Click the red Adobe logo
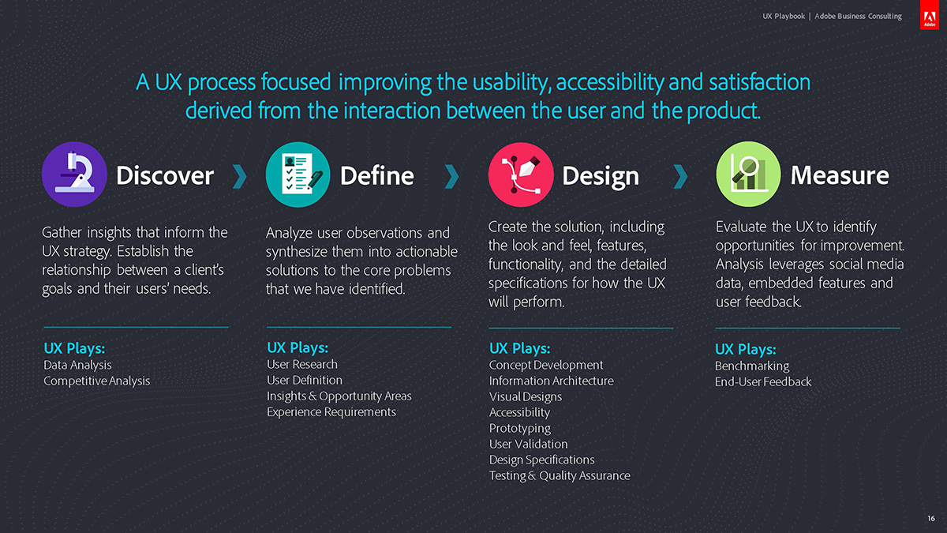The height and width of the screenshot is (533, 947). pos(930,14)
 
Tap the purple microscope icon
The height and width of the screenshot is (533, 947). pos(74,175)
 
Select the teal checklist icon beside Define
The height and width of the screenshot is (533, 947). pos(298,175)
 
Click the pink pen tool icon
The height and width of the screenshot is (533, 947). pos(521,175)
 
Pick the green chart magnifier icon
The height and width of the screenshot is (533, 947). pos(748,175)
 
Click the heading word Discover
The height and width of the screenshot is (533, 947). pos(165,175)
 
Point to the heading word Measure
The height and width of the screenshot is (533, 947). pos(840,175)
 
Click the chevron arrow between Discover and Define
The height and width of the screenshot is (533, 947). pos(240,176)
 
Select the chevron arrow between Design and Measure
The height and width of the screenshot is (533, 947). pos(680,176)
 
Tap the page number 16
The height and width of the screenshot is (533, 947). pos(931,518)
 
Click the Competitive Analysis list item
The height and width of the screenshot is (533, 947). pos(97,381)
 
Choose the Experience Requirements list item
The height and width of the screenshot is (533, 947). pos(331,412)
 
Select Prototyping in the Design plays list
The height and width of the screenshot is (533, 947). pos(520,429)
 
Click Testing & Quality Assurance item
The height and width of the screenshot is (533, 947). pos(560,476)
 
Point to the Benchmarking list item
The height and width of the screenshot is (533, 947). pos(752,366)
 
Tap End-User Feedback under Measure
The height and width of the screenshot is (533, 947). pos(763,381)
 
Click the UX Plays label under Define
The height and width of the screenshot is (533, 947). pos(298,347)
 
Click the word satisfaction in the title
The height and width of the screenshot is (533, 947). pos(760,82)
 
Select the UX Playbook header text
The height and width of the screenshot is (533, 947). pos(784,16)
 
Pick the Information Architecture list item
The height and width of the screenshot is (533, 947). pos(552,381)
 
